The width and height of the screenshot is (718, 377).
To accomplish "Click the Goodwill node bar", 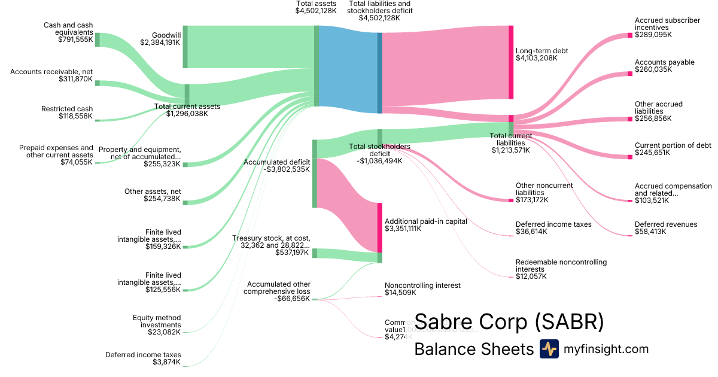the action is (x=185, y=47).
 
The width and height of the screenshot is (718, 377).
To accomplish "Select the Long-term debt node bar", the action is (x=511, y=62).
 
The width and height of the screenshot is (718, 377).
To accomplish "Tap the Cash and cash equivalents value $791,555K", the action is (x=75, y=40).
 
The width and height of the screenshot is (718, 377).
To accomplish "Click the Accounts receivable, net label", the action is (x=51, y=72).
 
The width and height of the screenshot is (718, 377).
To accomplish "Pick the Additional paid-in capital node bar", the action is (x=379, y=228).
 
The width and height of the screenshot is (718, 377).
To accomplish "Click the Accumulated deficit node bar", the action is (x=315, y=174).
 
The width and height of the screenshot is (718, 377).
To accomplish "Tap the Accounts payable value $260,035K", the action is (x=653, y=69).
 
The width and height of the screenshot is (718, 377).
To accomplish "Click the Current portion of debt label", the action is (x=673, y=145).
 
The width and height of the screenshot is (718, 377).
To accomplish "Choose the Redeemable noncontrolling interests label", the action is (x=561, y=266).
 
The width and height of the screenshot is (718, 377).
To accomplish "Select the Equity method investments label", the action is (x=157, y=321).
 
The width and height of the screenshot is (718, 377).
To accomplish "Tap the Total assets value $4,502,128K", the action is (x=316, y=11).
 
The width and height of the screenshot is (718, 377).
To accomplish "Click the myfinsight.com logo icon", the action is (x=549, y=349).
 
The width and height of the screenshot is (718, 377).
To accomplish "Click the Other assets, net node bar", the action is (x=185, y=203).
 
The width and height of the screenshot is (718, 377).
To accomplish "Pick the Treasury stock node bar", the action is (x=315, y=253).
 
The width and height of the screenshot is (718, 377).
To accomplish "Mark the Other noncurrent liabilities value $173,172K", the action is (x=532, y=199).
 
